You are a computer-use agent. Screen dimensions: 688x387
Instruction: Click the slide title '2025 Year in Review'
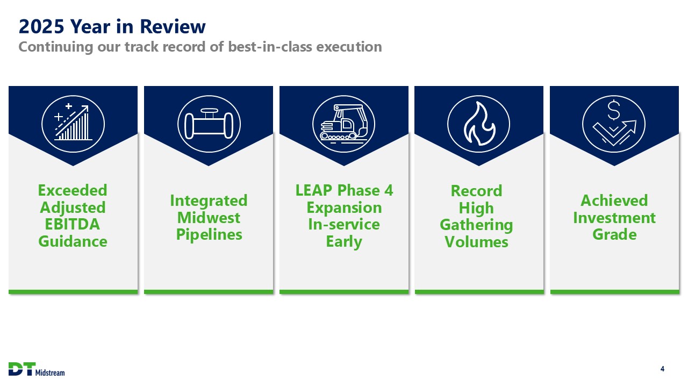coord(112,26)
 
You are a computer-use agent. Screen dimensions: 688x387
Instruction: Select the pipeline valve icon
coord(209,124)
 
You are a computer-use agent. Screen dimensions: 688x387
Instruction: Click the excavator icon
coord(343,124)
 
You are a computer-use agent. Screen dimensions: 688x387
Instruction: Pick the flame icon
coord(479,124)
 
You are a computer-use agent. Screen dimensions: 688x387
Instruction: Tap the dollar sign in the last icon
coord(614,110)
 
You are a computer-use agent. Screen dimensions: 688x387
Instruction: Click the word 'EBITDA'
coord(73,224)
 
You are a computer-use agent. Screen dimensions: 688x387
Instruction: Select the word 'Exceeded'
coord(73,190)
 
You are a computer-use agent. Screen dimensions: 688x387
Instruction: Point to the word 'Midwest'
coord(209,218)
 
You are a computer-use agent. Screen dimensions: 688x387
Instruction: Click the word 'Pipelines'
coord(209,235)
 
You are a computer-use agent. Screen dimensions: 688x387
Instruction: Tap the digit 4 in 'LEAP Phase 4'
coord(389,190)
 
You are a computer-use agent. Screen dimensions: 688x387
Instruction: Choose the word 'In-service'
coord(344,224)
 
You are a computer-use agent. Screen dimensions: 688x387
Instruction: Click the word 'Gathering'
coord(476,225)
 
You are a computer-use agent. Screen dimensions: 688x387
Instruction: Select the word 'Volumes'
coord(476,242)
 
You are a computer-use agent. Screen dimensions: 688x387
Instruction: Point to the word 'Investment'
coord(614,218)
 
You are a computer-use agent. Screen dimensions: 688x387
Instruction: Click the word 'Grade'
coord(614,235)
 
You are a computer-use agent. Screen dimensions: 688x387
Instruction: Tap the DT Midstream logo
coord(37,369)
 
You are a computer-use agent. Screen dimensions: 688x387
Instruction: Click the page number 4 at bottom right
coord(663,369)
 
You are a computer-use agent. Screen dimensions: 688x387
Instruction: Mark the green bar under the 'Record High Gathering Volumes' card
coord(479,292)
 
